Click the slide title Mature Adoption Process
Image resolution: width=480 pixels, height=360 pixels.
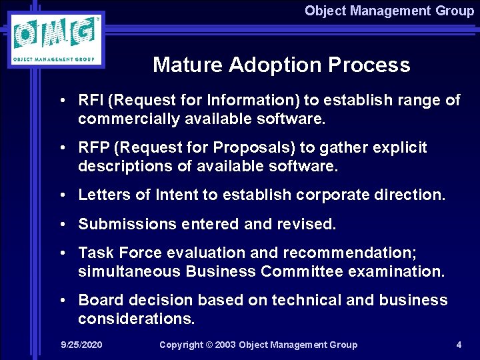[x=281, y=65]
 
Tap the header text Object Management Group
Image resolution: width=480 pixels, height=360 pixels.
[x=389, y=11]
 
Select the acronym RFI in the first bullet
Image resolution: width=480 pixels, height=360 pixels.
[x=91, y=101]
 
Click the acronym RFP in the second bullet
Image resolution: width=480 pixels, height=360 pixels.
[x=92, y=148]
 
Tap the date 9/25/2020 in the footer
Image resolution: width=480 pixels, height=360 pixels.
[x=81, y=345]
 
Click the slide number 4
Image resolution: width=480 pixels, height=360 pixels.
[x=459, y=345]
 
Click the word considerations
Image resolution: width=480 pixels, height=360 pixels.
[x=136, y=319]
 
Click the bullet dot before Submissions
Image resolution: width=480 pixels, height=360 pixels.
[x=61, y=225]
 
